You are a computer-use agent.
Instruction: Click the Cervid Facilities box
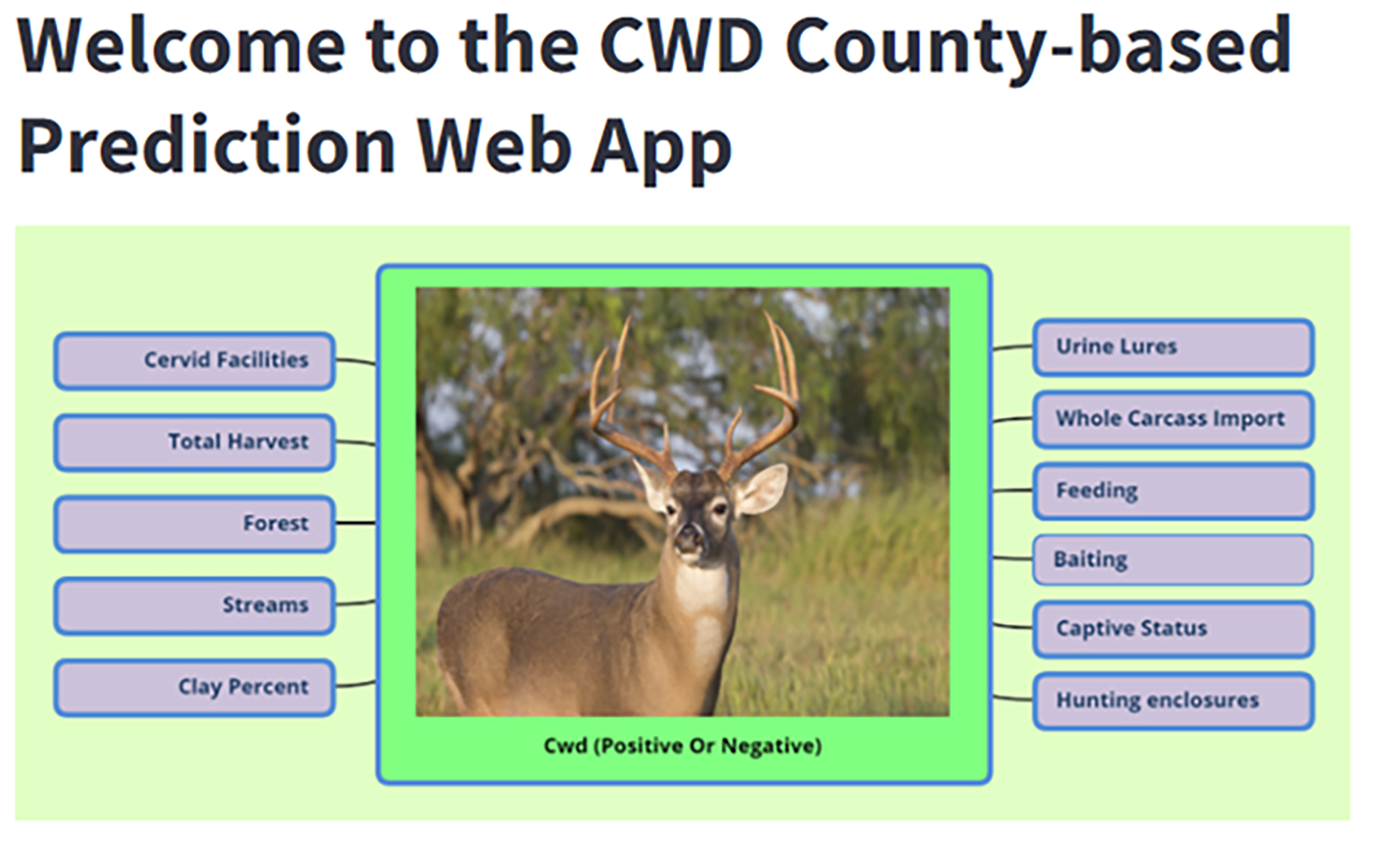point(194,361)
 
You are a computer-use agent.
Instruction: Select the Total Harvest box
point(194,443)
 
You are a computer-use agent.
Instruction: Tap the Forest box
point(194,524)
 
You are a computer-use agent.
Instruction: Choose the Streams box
point(194,606)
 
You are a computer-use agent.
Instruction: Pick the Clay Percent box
point(194,688)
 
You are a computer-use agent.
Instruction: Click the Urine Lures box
point(1174,347)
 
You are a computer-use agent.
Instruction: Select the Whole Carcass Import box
point(1174,419)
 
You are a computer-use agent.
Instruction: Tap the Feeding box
point(1174,491)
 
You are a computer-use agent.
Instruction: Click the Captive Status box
point(1174,629)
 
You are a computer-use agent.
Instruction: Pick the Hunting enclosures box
point(1174,700)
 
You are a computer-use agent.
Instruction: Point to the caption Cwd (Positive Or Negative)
point(683,746)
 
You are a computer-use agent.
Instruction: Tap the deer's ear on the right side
point(761,488)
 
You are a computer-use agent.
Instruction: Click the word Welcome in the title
point(182,46)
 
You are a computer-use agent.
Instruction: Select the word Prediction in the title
point(207,146)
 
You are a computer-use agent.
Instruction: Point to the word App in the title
point(662,150)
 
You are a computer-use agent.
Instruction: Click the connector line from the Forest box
point(356,523)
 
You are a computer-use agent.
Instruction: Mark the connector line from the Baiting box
point(1012,558)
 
